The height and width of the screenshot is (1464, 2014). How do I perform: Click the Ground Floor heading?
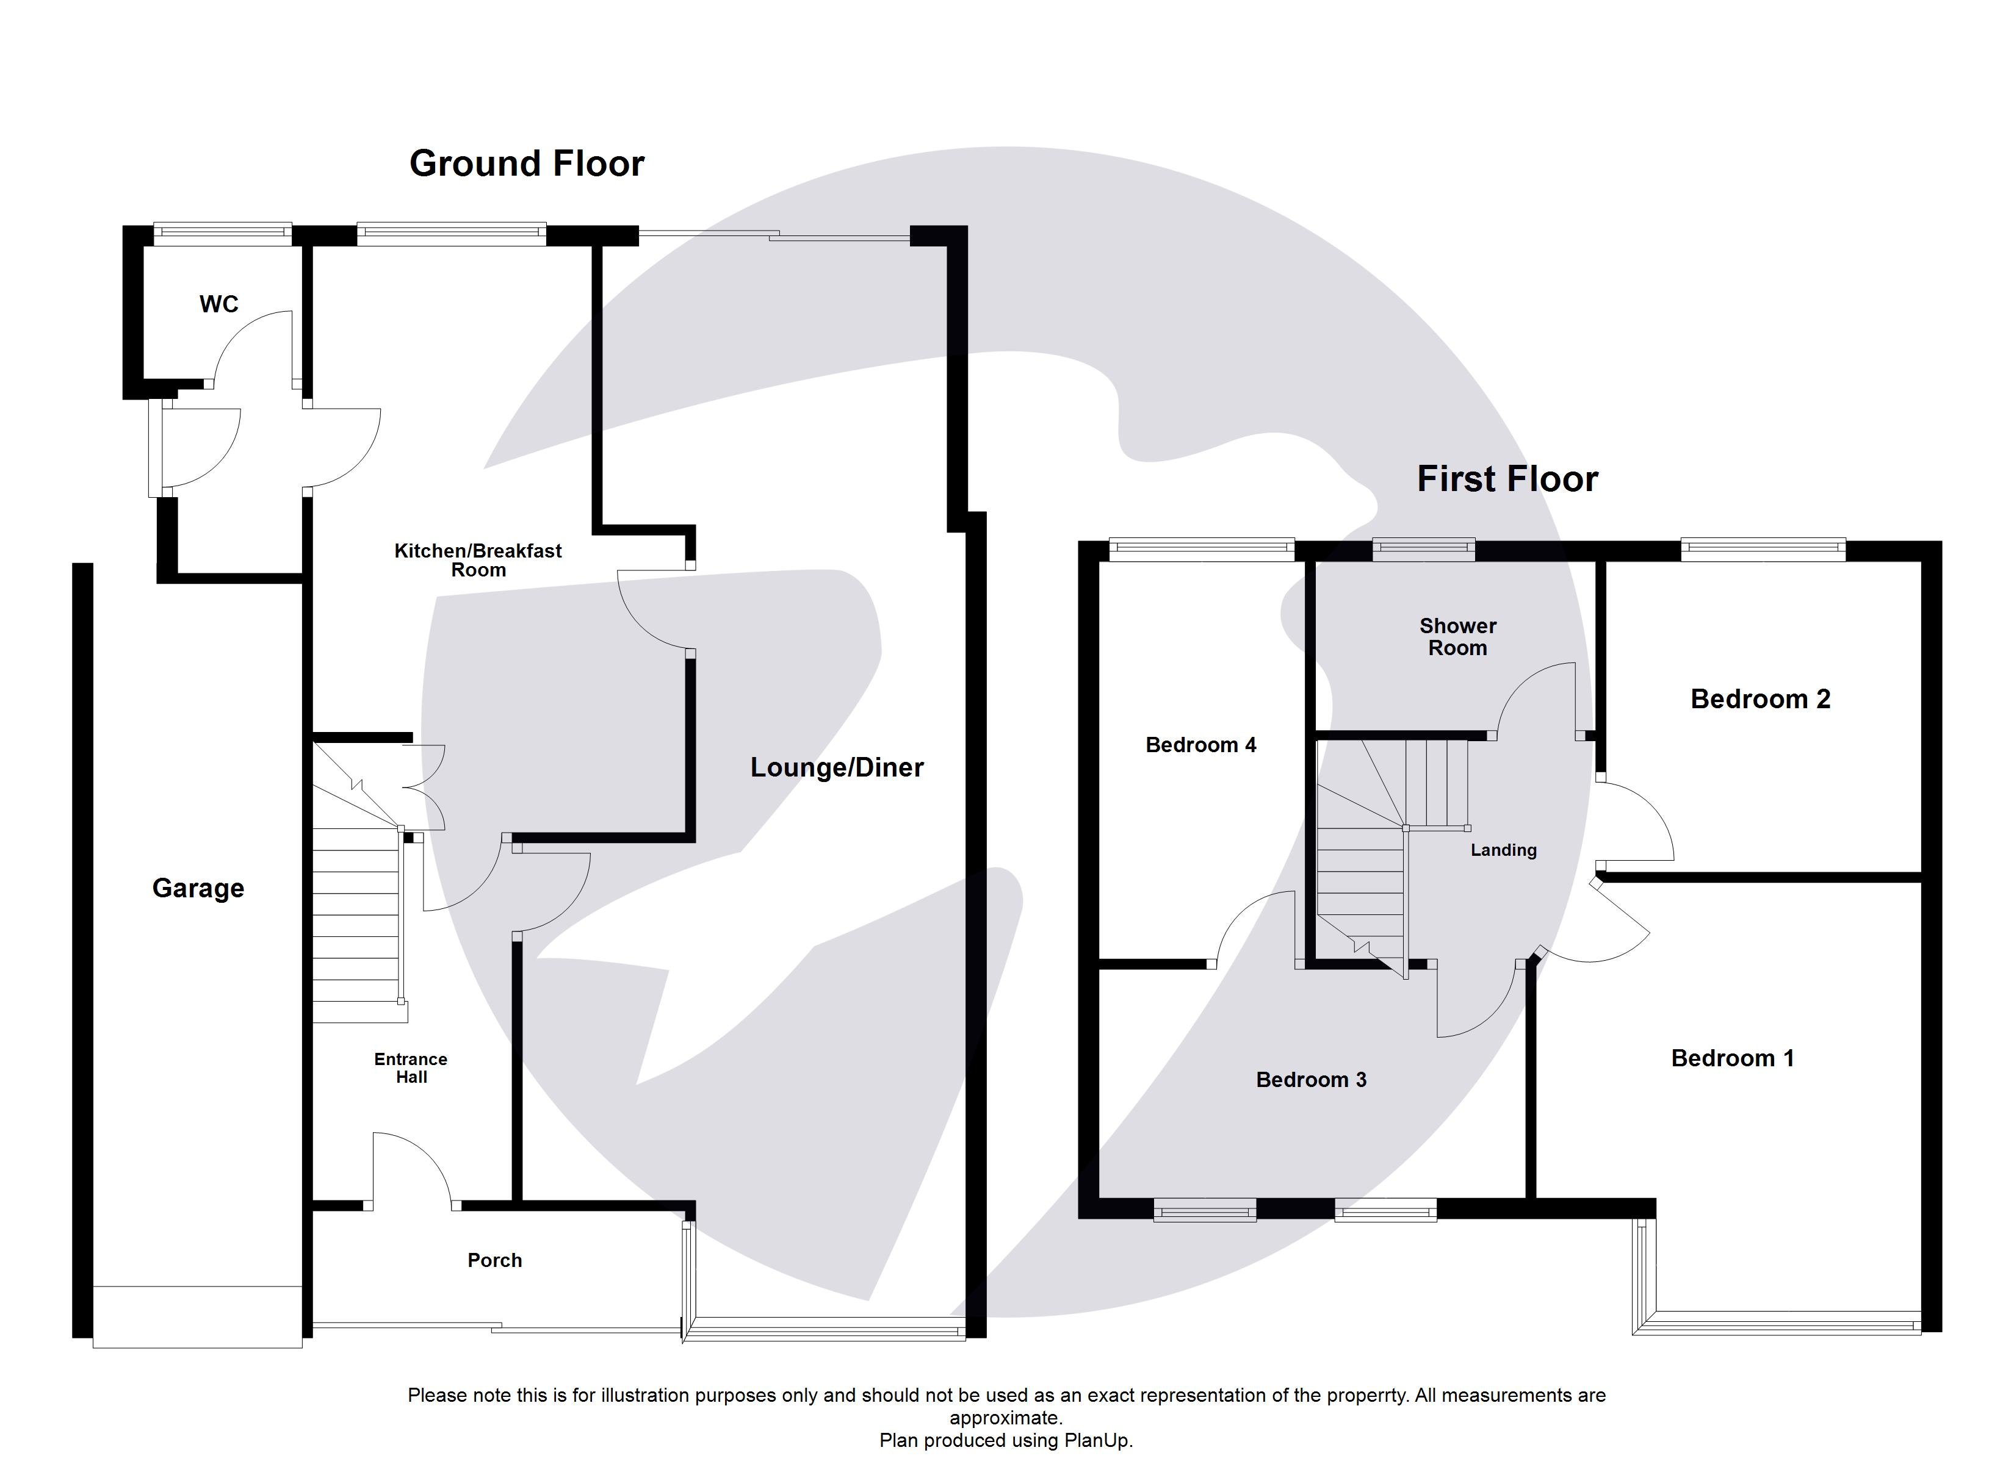pyautogui.click(x=527, y=164)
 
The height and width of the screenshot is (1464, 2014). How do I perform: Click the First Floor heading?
pyautogui.click(x=1507, y=479)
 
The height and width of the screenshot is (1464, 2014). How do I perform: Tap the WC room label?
pyautogui.click(x=218, y=304)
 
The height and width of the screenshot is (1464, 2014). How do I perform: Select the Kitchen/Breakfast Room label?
pyautogui.click(x=478, y=560)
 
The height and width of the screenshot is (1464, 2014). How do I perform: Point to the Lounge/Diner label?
pyautogui.click(x=837, y=767)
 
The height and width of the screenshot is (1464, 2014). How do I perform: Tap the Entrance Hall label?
pyautogui.click(x=411, y=1068)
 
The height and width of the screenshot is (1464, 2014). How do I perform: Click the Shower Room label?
pyautogui.click(x=1457, y=637)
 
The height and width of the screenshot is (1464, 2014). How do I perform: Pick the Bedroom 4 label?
pyautogui.click(x=1200, y=745)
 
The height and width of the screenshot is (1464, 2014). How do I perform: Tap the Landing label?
pyautogui.click(x=1503, y=850)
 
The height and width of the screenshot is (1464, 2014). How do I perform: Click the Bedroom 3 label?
pyautogui.click(x=1311, y=1080)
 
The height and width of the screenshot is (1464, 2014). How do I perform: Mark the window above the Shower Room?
pyautogui.click(x=1423, y=550)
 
